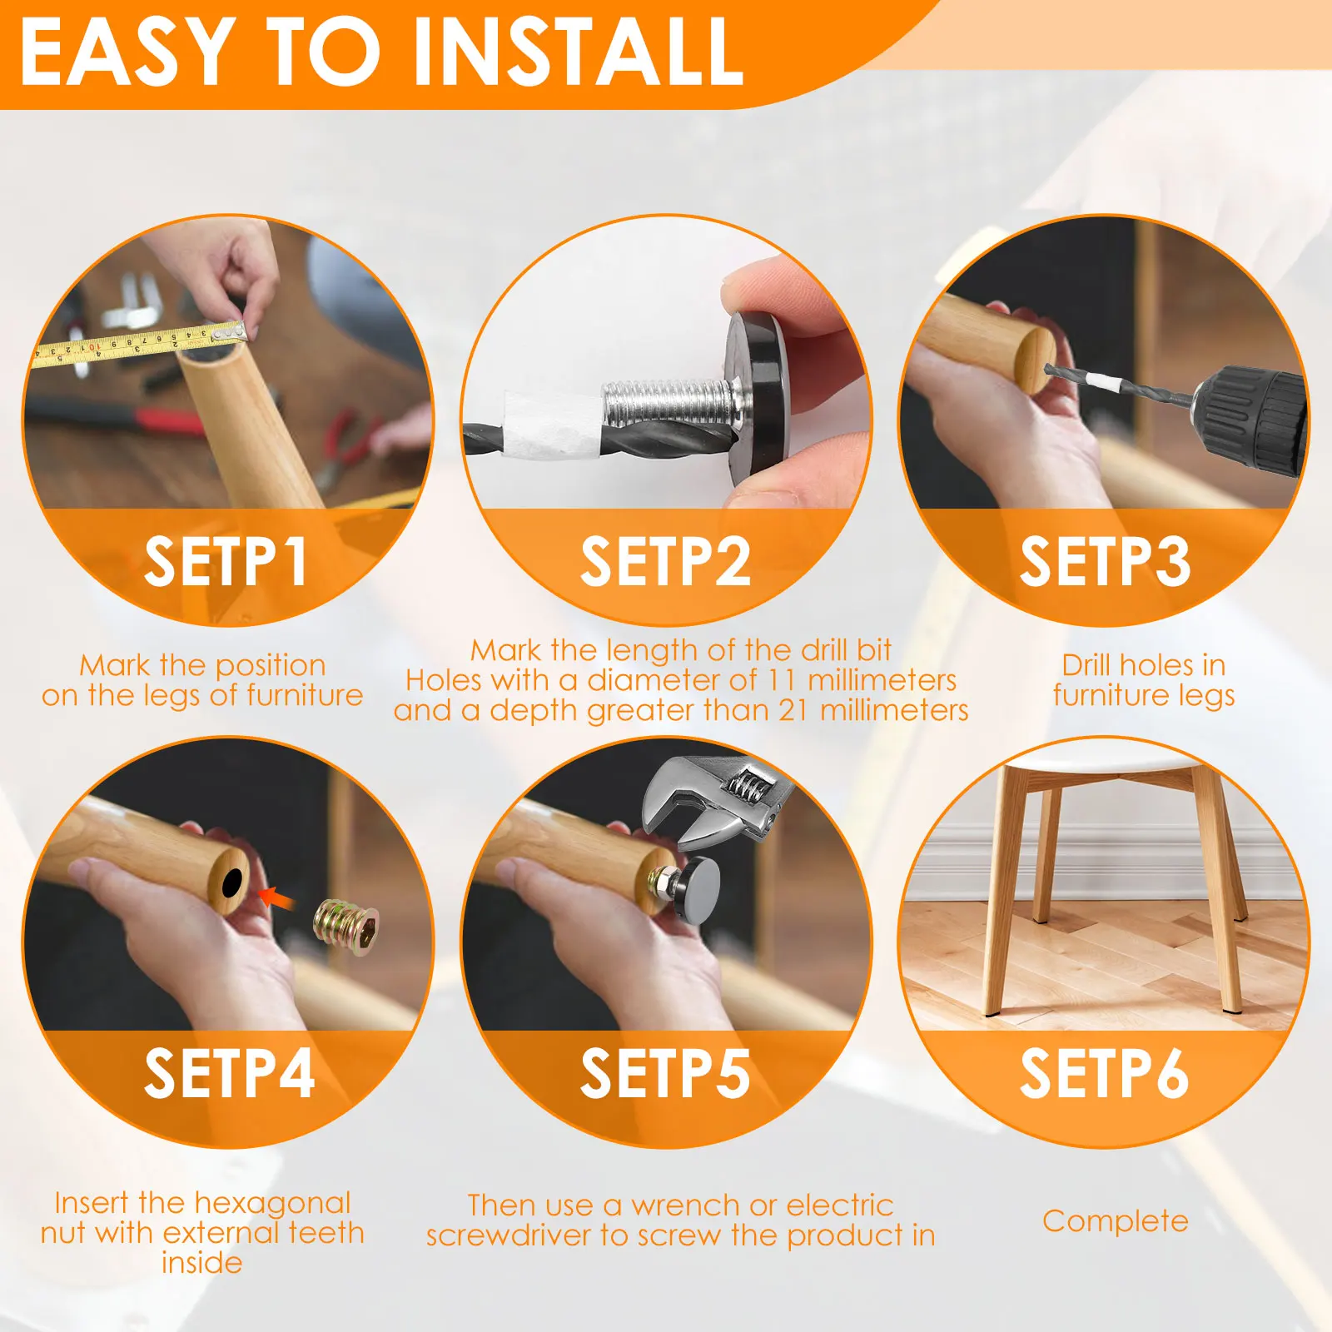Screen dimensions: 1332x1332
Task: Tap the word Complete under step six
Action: (x=1116, y=1221)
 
